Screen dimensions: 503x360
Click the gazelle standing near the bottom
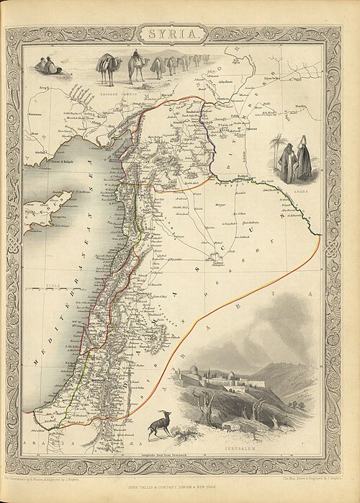coord(159,426)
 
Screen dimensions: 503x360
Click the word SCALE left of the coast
coord(51,285)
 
